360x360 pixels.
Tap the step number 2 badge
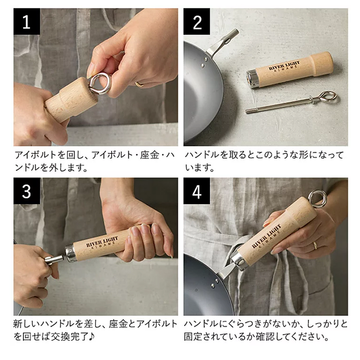coord(197,22)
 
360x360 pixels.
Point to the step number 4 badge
coord(197,191)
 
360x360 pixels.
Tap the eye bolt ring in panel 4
coord(318,198)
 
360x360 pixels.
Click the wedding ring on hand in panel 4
coord(315,245)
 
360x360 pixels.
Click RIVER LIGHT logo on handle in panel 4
coord(268,236)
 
